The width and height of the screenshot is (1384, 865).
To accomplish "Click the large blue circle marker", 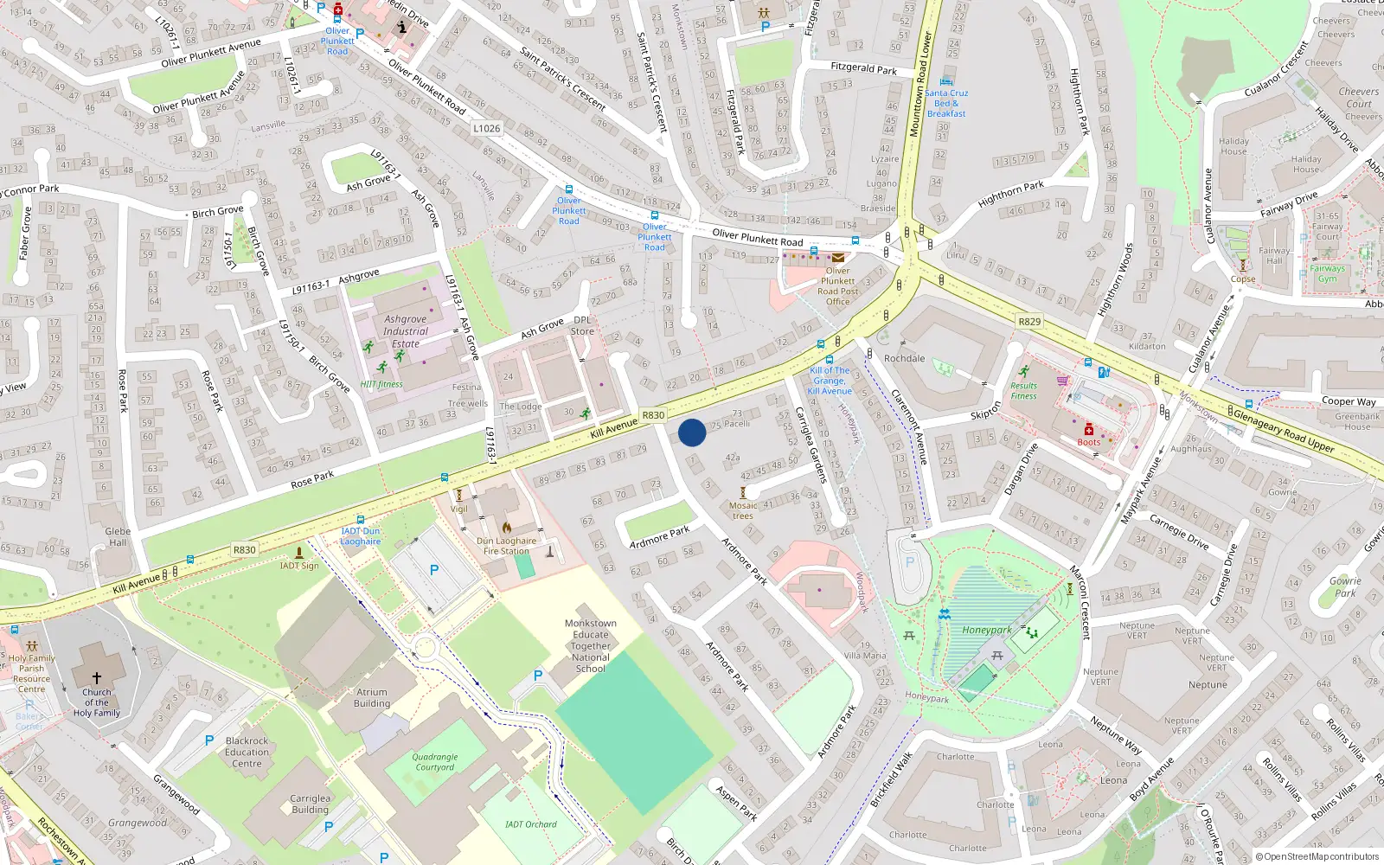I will [692, 432].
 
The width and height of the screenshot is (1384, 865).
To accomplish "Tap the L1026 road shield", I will [487, 128].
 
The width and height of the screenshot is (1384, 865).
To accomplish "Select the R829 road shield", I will [1029, 321].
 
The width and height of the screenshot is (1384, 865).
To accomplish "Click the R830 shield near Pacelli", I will [653, 415].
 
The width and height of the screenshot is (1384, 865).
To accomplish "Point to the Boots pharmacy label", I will [1089, 442].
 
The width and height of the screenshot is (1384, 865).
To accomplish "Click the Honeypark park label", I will [987, 630].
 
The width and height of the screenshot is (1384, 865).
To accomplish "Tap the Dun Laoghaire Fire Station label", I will [506, 546].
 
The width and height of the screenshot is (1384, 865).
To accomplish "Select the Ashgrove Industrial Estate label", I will [406, 331].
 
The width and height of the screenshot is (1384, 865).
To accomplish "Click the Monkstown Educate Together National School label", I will [591, 645].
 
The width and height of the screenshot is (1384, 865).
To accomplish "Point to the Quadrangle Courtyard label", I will [435, 762].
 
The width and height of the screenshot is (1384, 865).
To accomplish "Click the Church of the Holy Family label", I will [97, 702].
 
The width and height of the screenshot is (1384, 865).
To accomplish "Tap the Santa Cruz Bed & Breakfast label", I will [946, 103].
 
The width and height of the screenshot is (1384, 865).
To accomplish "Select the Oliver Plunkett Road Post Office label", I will [837, 285].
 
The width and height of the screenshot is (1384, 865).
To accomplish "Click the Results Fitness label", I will [1023, 391].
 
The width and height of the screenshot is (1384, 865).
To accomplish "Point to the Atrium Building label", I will [372, 697].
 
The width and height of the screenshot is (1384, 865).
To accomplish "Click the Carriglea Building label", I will [310, 804].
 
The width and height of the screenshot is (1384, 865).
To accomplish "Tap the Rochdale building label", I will [905, 358].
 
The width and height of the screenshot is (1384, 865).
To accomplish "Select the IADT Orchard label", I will [531, 824].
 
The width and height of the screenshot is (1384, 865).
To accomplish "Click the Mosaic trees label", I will [743, 510].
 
